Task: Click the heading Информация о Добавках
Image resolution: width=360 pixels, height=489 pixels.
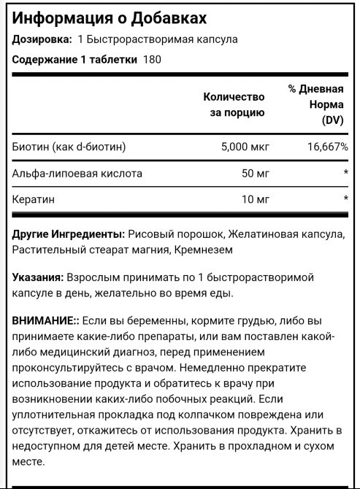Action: tap(109, 17)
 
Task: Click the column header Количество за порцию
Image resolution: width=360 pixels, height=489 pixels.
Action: tap(233, 104)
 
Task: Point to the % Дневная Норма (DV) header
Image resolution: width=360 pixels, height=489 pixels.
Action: tap(315, 104)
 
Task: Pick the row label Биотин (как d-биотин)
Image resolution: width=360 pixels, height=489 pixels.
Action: tap(69, 147)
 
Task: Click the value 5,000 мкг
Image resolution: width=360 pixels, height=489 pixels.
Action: tap(245, 147)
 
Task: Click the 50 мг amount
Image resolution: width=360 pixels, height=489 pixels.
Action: tap(256, 174)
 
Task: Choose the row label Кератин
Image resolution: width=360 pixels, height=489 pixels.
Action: tap(34, 199)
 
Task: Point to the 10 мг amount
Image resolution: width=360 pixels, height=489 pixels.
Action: tap(256, 199)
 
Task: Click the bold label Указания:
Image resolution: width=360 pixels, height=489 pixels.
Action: tap(38, 278)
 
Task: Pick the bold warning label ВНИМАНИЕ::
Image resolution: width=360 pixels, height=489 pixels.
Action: tap(47, 321)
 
